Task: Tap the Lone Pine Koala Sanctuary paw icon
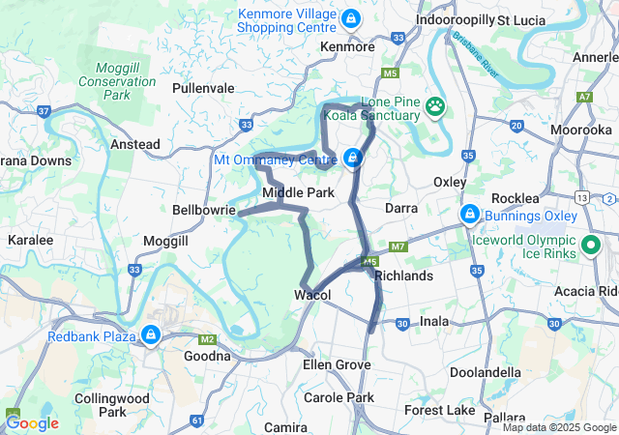click(x=436, y=105)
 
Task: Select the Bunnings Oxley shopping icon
click(x=469, y=213)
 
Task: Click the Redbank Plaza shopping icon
click(x=150, y=335)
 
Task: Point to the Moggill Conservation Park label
click(x=126, y=82)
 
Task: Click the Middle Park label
click(x=299, y=193)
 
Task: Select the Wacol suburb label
click(x=313, y=295)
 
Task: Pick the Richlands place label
click(x=403, y=275)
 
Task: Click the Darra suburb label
click(x=401, y=208)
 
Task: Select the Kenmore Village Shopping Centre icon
click(x=350, y=18)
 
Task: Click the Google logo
click(x=32, y=422)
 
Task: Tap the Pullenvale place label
click(x=203, y=88)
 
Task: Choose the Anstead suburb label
click(x=135, y=144)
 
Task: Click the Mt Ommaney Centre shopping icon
click(x=354, y=158)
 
